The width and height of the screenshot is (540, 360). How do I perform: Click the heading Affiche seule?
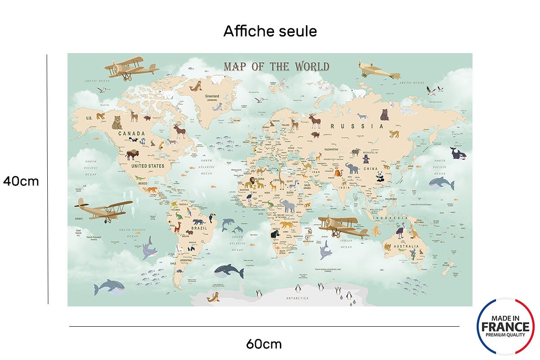point(270,31)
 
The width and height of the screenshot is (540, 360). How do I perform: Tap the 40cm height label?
point(21,181)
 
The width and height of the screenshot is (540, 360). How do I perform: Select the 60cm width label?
point(264,344)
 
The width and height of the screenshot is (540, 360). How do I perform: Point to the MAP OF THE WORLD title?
point(276,67)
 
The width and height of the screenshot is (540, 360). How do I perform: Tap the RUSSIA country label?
point(357,126)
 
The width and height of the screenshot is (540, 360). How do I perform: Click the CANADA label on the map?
point(131,134)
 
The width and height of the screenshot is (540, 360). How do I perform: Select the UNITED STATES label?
point(148,166)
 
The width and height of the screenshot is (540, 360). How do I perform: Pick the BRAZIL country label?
point(198,228)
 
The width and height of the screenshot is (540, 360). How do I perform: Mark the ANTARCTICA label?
point(297,298)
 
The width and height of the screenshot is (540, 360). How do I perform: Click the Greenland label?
point(212,96)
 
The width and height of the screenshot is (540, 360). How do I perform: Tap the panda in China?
point(381,177)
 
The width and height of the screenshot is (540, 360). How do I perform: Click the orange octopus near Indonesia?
point(376,232)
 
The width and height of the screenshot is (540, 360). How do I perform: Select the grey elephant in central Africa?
point(288,206)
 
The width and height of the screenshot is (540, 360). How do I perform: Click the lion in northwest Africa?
point(247,182)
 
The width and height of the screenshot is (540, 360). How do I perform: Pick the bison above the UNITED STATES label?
point(132,154)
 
